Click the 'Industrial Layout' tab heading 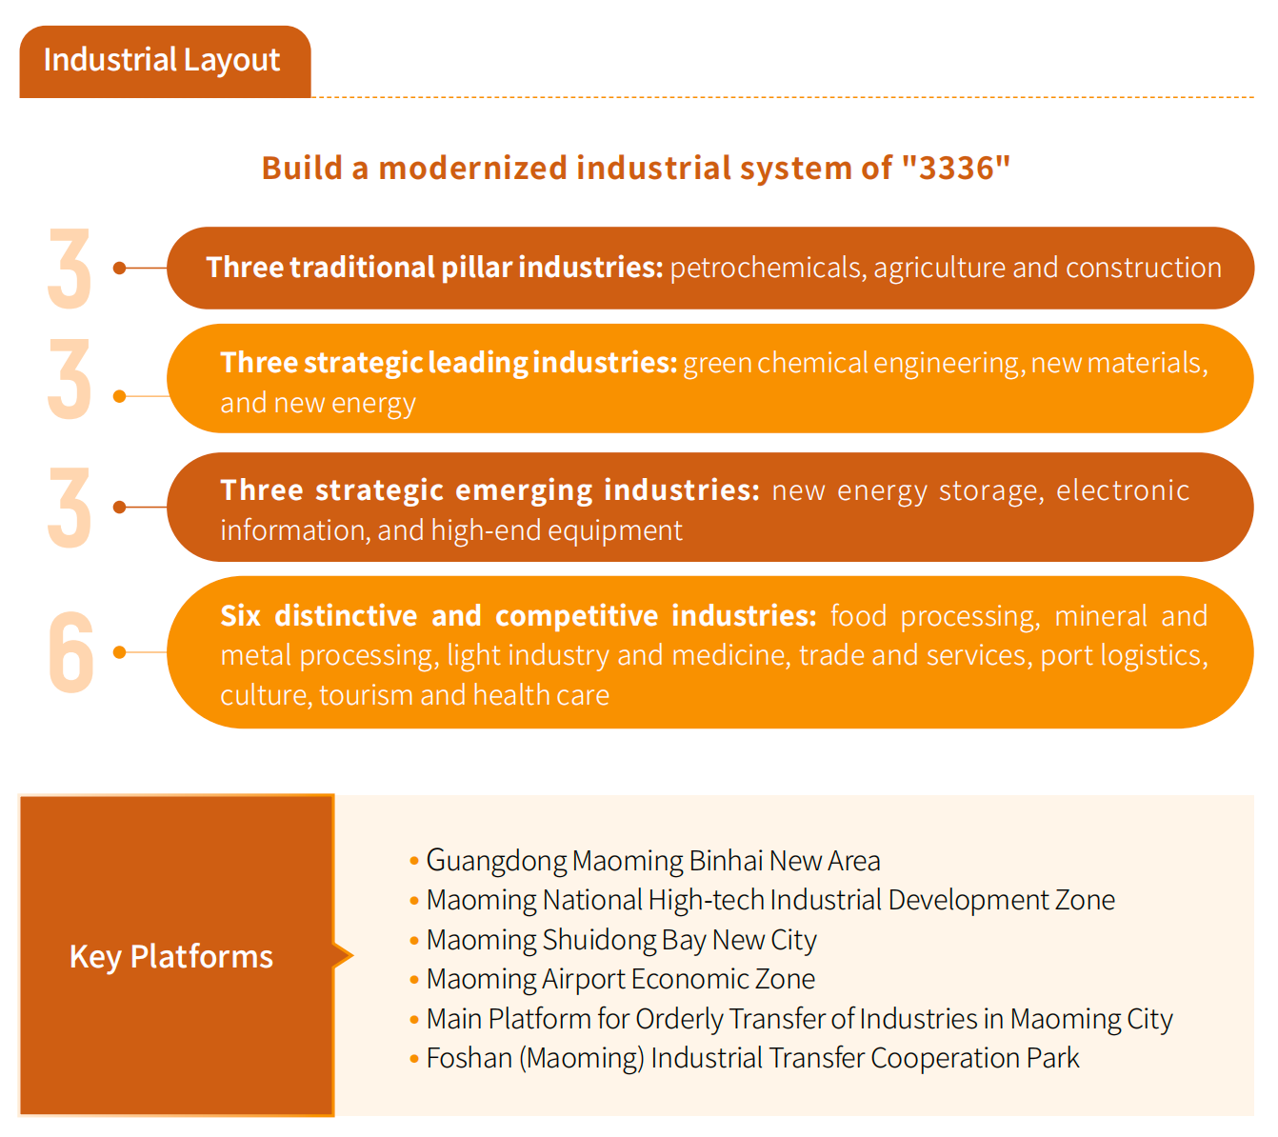(x=162, y=61)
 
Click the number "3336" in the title (x=957, y=168)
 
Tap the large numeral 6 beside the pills (x=71, y=651)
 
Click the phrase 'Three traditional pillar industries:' (x=434, y=267)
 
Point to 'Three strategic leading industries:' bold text (x=449, y=363)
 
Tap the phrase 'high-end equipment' (x=556, y=530)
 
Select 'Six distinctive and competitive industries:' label (x=518, y=615)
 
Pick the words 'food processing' (x=932, y=616)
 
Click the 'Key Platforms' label (x=171, y=956)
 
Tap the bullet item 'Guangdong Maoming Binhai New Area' (x=653, y=861)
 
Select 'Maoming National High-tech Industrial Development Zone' (x=770, y=901)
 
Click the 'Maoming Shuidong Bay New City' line (x=621, y=940)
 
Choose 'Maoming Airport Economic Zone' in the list (x=621, y=979)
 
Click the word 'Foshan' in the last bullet (x=469, y=1058)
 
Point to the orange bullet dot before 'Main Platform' (x=414, y=1020)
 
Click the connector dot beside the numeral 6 (x=119, y=652)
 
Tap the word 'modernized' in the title (x=473, y=168)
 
